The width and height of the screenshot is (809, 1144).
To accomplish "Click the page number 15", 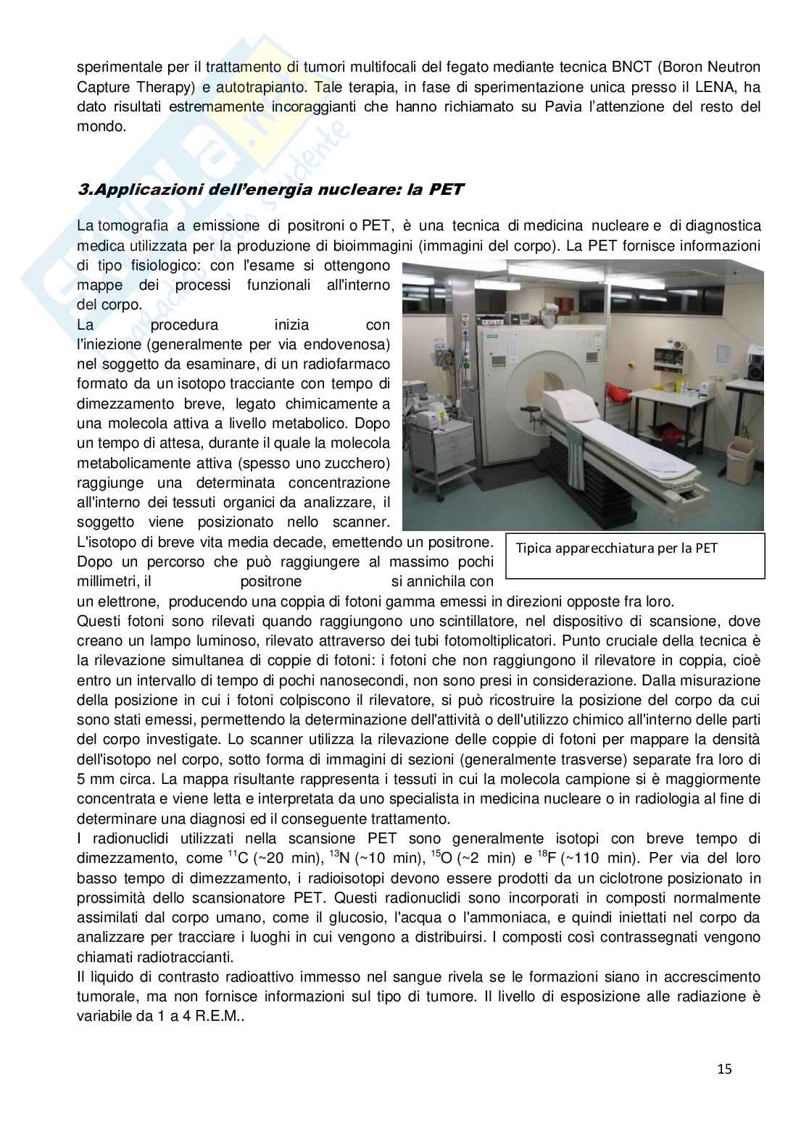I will [x=723, y=1069].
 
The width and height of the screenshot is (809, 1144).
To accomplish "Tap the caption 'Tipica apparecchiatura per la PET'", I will [x=616, y=548].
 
